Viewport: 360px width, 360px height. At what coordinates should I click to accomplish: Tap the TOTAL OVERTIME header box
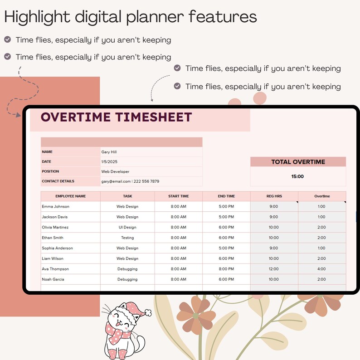tap(298, 162)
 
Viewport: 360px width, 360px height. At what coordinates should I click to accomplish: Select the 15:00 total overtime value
tap(297, 176)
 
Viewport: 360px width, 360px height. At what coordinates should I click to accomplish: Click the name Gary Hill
tap(109, 152)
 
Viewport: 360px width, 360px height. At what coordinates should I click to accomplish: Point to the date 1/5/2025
tap(109, 161)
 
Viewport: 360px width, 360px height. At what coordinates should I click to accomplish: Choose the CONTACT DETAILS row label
tap(58, 181)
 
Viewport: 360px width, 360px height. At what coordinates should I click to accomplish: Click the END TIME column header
tap(226, 196)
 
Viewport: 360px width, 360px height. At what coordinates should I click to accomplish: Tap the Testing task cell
tap(127, 238)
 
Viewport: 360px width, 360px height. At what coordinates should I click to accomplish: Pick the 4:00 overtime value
tap(321, 269)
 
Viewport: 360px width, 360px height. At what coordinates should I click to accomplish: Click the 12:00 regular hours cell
tap(274, 269)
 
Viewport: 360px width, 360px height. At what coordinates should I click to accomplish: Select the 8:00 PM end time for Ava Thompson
tap(226, 269)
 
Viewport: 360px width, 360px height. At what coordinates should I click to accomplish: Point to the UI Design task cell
tap(127, 227)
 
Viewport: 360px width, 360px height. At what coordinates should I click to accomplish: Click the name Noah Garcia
tap(53, 279)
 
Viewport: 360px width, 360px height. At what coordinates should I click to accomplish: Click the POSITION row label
tap(50, 171)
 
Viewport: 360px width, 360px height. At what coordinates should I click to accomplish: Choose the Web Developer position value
tap(115, 171)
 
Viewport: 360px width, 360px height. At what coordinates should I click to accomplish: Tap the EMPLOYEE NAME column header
tap(71, 196)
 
